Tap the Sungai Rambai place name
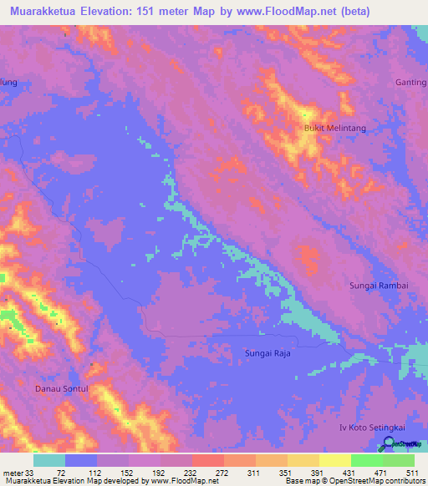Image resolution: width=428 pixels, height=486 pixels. (x=378, y=286)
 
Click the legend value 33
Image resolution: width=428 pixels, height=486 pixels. (x=30, y=472)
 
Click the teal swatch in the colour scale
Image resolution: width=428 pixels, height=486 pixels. (x=49, y=460)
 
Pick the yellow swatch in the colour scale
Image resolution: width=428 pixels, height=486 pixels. (x=335, y=460)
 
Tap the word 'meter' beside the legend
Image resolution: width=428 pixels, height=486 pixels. (x=12, y=472)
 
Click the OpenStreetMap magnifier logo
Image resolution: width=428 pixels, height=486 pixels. (x=388, y=444)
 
